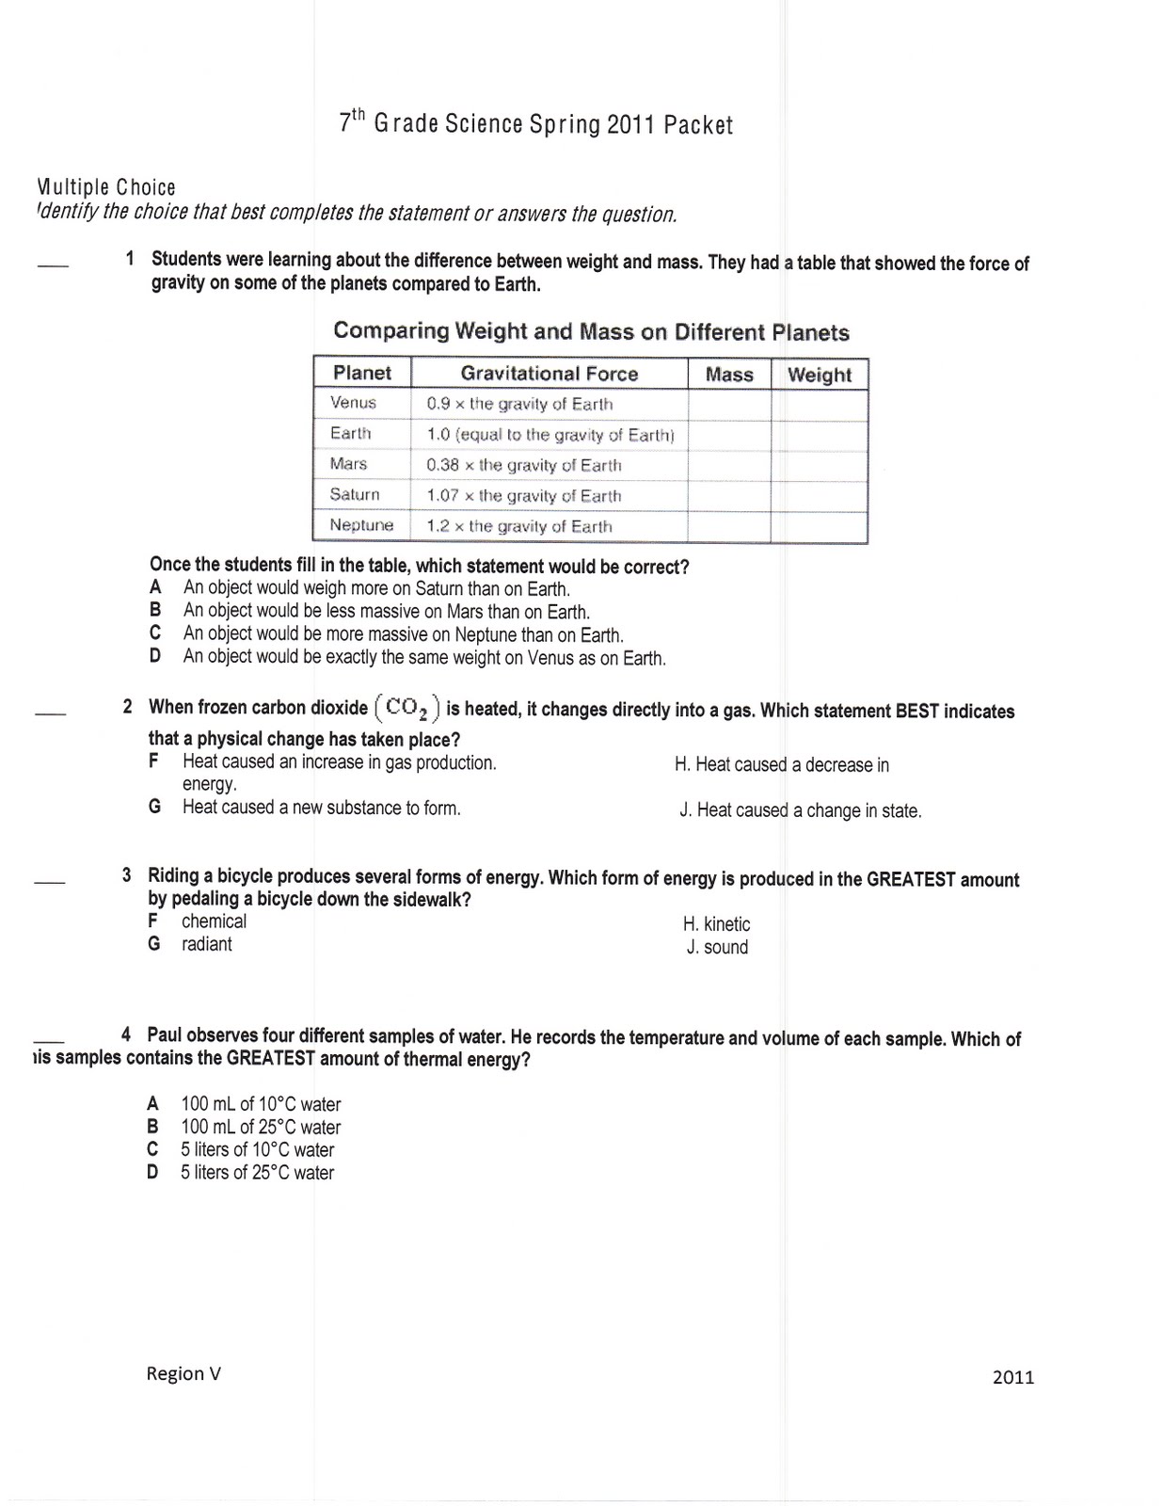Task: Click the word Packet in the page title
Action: coord(697,125)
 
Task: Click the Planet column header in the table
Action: coord(362,373)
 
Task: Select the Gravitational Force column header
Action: coord(550,374)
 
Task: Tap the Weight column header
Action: coord(820,375)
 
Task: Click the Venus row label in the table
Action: coord(354,403)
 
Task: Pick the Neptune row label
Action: coord(361,525)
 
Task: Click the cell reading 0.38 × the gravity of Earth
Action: coord(524,465)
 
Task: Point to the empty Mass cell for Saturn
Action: coord(729,496)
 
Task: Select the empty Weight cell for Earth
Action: coord(819,436)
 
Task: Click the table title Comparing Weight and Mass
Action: coord(591,331)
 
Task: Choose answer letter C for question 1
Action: coord(155,633)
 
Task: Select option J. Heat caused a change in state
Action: coord(801,810)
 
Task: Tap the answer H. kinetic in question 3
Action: coord(717,924)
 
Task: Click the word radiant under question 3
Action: coord(207,944)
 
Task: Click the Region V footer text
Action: coord(183,1373)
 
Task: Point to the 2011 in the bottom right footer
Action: coord(1013,1377)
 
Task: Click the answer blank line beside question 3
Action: coord(49,882)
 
